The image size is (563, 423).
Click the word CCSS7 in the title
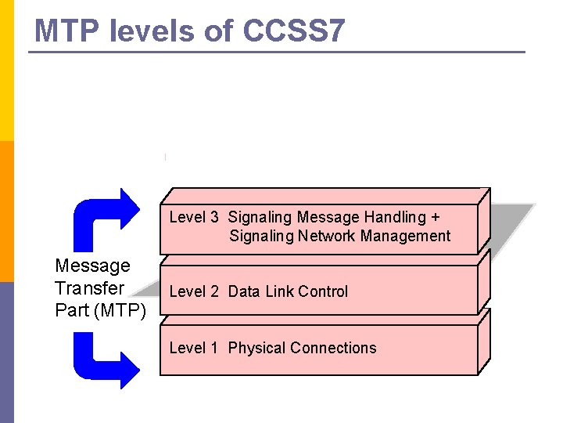pyautogui.click(x=293, y=31)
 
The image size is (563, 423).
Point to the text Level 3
pyautogui.click(x=194, y=217)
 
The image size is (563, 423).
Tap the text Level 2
pyautogui.click(x=194, y=291)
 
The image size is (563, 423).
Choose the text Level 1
pyautogui.click(x=194, y=348)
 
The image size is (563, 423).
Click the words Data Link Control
pyautogui.click(x=288, y=291)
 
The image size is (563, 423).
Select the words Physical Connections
pyautogui.click(x=302, y=348)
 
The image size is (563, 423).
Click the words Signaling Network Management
pyautogui.click(x=339, y=236)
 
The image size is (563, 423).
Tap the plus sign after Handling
pyautogui.click(x=436, y=217)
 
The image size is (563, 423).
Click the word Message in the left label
pyautogui.click(x=92, y=266)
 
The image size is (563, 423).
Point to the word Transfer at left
pyautogui.click(x=89, y=288)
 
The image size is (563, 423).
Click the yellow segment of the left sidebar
pyautogui.click(x=6, y=70)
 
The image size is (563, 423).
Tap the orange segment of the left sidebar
pyautogui.click(x=6, y=211)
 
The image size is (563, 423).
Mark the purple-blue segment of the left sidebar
pyautogui.click(x=6, y=352)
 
